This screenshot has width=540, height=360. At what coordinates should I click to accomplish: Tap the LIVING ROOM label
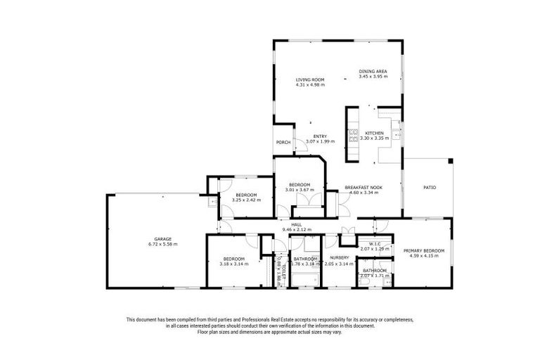tap(309, 80)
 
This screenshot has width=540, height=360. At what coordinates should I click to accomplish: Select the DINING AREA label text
tap(373, 71)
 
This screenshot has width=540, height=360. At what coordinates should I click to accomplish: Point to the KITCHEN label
tap(373, 133)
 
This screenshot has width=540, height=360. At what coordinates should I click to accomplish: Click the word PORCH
tap(283, 142)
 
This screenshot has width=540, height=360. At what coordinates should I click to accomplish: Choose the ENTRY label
tap(320, 136)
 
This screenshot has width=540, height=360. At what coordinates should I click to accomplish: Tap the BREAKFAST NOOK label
tap(363, 187)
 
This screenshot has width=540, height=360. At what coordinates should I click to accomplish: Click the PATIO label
tap(429, 188)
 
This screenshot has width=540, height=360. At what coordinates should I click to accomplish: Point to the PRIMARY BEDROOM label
tap(423, 250)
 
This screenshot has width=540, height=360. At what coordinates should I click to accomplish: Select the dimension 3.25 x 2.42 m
tap(246, 200)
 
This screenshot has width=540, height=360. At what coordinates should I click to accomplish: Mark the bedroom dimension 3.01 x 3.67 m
tap(299, 190)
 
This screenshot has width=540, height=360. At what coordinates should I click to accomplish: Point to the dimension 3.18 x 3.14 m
tap(233, 264)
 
